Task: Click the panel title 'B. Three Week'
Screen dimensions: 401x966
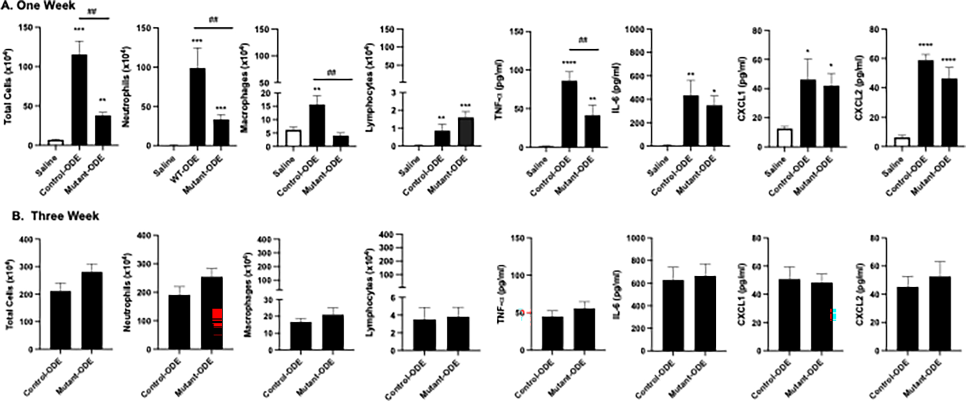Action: coord(55,215)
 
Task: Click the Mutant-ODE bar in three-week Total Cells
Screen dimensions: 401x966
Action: coord(92,310)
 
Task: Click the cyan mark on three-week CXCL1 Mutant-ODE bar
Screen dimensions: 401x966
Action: coord(834,315)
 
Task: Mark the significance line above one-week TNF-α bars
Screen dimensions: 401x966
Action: coord(584,49)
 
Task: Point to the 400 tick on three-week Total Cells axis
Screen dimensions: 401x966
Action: coord(27,239)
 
